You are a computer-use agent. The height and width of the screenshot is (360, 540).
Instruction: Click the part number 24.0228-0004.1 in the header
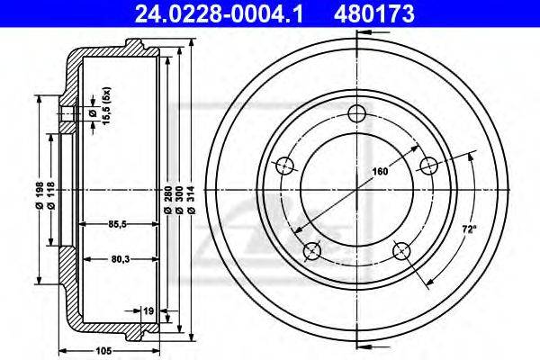(219, 13)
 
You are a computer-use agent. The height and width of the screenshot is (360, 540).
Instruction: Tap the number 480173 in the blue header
(374, 13)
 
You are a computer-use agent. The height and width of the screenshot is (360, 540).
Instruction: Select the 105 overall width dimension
(104, 351)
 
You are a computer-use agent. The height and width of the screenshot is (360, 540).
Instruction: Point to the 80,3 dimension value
(121, 259)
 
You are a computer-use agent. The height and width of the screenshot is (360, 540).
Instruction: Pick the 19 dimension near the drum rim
(148, 311)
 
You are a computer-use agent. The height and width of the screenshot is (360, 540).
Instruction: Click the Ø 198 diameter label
(40, 195)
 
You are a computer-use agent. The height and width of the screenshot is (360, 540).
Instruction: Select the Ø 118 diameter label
(50, 195)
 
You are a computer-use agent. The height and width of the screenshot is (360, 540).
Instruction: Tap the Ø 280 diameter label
(167, 201)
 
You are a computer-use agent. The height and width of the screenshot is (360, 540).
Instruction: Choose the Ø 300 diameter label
(179, 201)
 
